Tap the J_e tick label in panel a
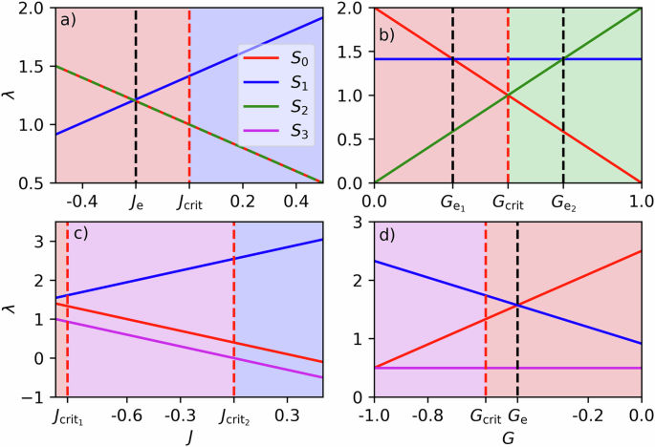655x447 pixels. pos(136,202)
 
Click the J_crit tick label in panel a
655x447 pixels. pos(190,202)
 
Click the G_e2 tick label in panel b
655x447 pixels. pos(563,203)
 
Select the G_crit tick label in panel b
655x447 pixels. pos(508,203)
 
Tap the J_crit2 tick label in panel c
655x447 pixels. pos(234,418)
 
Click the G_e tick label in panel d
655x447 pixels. pos(518,418)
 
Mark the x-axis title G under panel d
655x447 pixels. pos(507,437)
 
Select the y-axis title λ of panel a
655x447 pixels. pos(12,95)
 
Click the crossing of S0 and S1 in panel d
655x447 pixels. pos(517,306)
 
